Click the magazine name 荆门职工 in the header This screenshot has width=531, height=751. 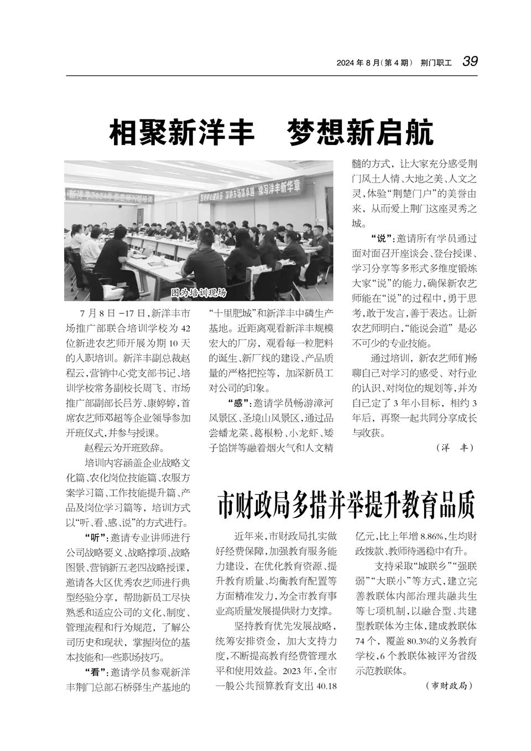436,63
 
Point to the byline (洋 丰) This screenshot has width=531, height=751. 455,447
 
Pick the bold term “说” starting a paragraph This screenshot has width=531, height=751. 378,239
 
